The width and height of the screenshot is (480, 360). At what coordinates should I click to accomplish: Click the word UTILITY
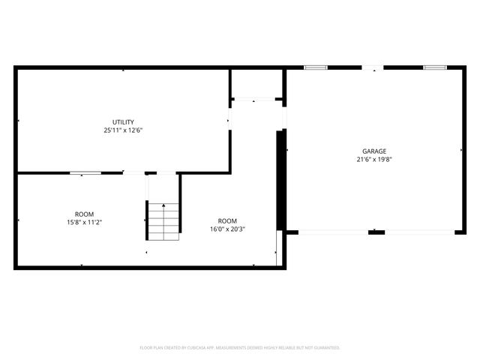click(x=123, y=122)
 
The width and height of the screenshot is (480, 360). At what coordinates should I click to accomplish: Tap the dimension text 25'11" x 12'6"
click(x=123, y=130)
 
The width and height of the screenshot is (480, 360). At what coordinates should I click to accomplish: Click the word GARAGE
click(x=374, y=151)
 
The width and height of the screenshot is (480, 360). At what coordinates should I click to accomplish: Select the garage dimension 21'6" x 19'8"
click(x=374, y=158)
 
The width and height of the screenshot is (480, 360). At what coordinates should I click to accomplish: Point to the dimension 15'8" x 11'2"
click(x=84, y=221)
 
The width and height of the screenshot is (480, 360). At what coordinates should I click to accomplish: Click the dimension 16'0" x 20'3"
click(x=227, y=229)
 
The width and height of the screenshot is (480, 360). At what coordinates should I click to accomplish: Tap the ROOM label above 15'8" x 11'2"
click(x=84, y=214)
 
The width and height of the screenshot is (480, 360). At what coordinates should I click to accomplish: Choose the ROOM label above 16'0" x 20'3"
click(x=227, y=221)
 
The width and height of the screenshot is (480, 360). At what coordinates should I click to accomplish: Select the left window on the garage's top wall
click(x=316, y=68)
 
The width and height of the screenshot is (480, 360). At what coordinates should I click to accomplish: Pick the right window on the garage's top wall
click(x=434, y=68)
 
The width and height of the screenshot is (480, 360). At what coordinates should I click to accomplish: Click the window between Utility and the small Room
click(x=85, y=173)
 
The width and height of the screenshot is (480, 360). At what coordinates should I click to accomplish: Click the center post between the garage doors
click(x=376, y=232)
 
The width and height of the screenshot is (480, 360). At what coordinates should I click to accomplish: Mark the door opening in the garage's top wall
click(x=373, y=68)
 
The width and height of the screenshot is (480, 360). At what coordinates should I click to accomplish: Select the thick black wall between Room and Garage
click(x=281, y=180)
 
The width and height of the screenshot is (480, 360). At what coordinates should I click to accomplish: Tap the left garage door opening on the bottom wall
click(x=334, y=232)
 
